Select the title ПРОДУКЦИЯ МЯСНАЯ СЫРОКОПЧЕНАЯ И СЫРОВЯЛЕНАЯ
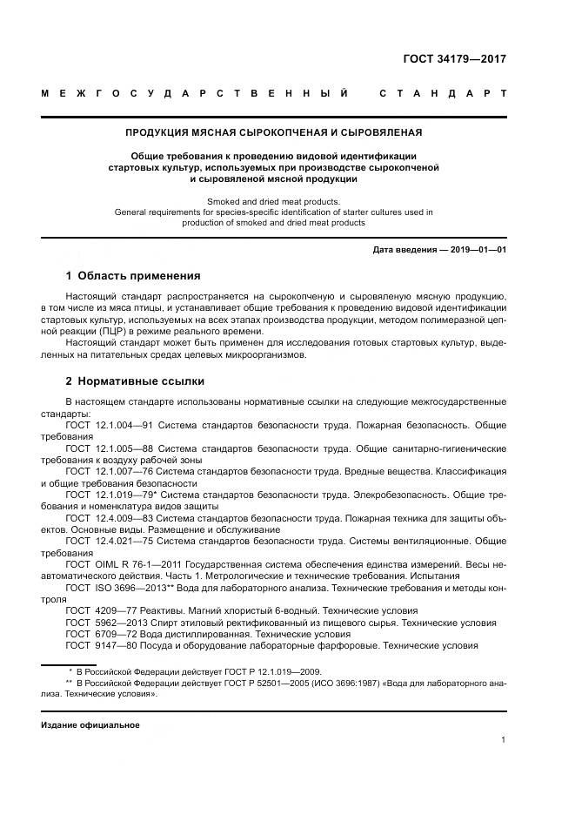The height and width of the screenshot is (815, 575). pyautogui.click(x=274, y=132)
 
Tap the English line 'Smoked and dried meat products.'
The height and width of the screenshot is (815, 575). pyautogui.click(x=274, y=201)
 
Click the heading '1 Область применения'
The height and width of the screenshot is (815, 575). pyautogui.click(x=132, y=276)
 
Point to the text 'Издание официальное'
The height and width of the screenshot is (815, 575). pyautogui.click(x=90, y=724)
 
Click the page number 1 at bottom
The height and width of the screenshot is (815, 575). pyautogui.click(x=503, y=740)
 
